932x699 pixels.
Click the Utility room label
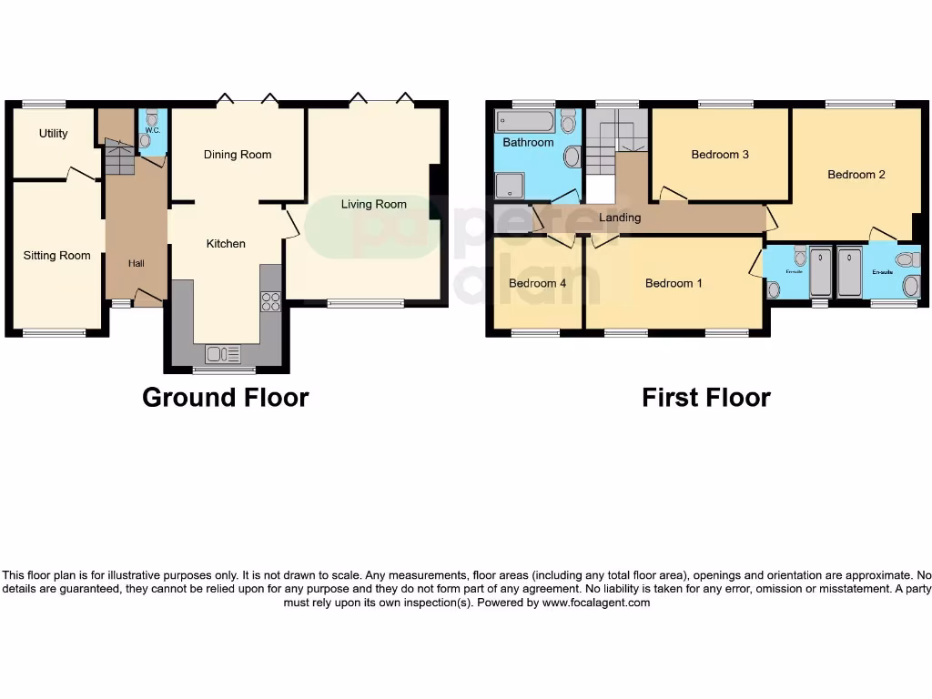tap(53, 134)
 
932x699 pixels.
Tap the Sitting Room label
tap(56, 256)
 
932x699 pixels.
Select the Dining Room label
tap(237, 155)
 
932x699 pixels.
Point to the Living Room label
tap(373, 204)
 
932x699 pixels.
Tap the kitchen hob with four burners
tap(270, 301)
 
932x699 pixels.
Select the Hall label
tap(136, 263)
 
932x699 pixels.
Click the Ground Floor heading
tap(225, 398)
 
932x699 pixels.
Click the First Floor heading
tap(705, 398)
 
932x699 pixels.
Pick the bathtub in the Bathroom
tap(524, 121)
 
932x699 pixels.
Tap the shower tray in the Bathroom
tap(507, 186)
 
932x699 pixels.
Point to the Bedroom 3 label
tap(720, 155)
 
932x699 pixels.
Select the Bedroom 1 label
tap(674, 283)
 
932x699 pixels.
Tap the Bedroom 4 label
tap(537, 283)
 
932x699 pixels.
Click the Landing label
tap(619, 218)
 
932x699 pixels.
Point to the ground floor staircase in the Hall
tap(118, 160)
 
